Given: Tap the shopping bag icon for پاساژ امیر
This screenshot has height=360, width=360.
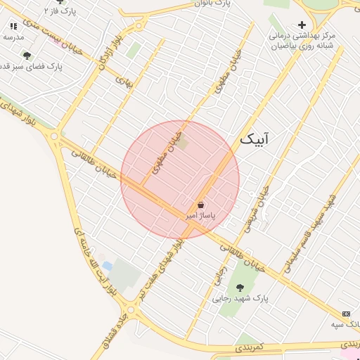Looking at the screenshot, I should (x=201, y=205).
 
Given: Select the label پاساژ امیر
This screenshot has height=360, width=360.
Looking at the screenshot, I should (x=200, y=215).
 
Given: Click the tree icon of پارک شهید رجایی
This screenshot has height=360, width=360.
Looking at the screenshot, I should (x=240, y=287).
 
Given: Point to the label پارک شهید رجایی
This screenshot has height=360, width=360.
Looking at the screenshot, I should (x=240, y=298).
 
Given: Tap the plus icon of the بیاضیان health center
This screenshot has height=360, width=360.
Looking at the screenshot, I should (x=302, y=25).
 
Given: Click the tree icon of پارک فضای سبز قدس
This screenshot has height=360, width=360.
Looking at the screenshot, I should (x=27, y=56).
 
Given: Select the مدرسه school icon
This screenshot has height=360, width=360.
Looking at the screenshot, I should (x=13, y=26).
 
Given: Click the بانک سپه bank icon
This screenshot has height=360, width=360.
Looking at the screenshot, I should (x=346, y=313).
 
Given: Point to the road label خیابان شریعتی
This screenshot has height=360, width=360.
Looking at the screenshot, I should (x=257, y=210).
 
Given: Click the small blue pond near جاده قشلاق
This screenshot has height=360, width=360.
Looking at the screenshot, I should (x=107, y=266).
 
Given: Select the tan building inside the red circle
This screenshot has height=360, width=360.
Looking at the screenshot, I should (x=183, y=143).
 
